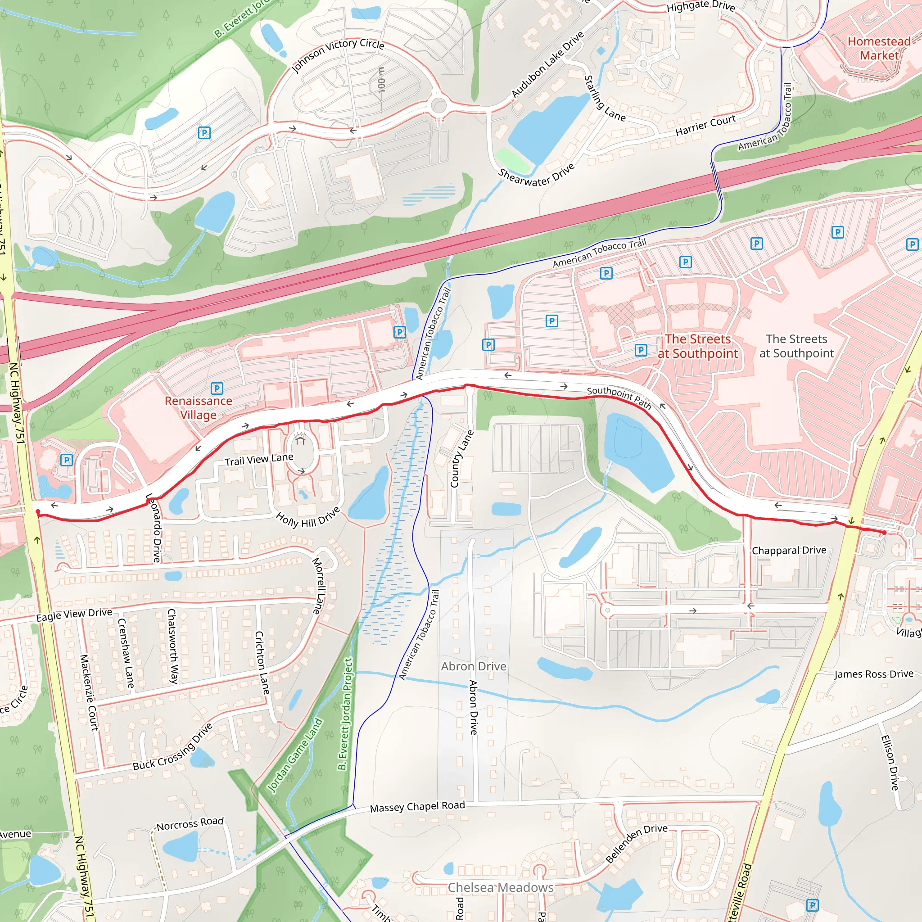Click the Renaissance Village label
(199, 408)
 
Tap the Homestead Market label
(879, 49)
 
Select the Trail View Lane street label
(259, 459)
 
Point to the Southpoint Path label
(619, 397)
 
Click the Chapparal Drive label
(789, 550)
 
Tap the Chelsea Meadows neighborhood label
(501, 887)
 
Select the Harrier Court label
(705, 125)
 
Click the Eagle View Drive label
(74, 615)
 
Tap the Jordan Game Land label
(295, 755)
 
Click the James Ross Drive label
(874, 674)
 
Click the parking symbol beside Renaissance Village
(217, 388)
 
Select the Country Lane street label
(461, 459)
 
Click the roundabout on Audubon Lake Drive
(438, 105)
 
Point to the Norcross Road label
(190, 823)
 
